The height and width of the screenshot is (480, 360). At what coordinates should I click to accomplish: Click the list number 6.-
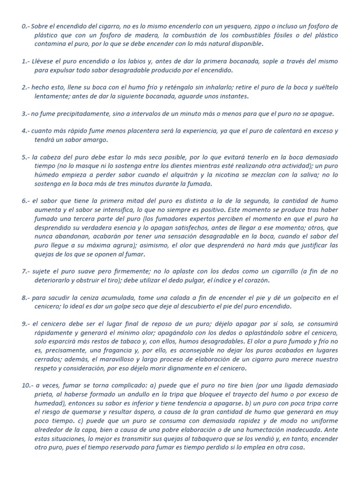[x=25, y=201]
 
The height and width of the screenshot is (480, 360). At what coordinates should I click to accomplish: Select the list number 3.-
[x=25, y=114]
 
